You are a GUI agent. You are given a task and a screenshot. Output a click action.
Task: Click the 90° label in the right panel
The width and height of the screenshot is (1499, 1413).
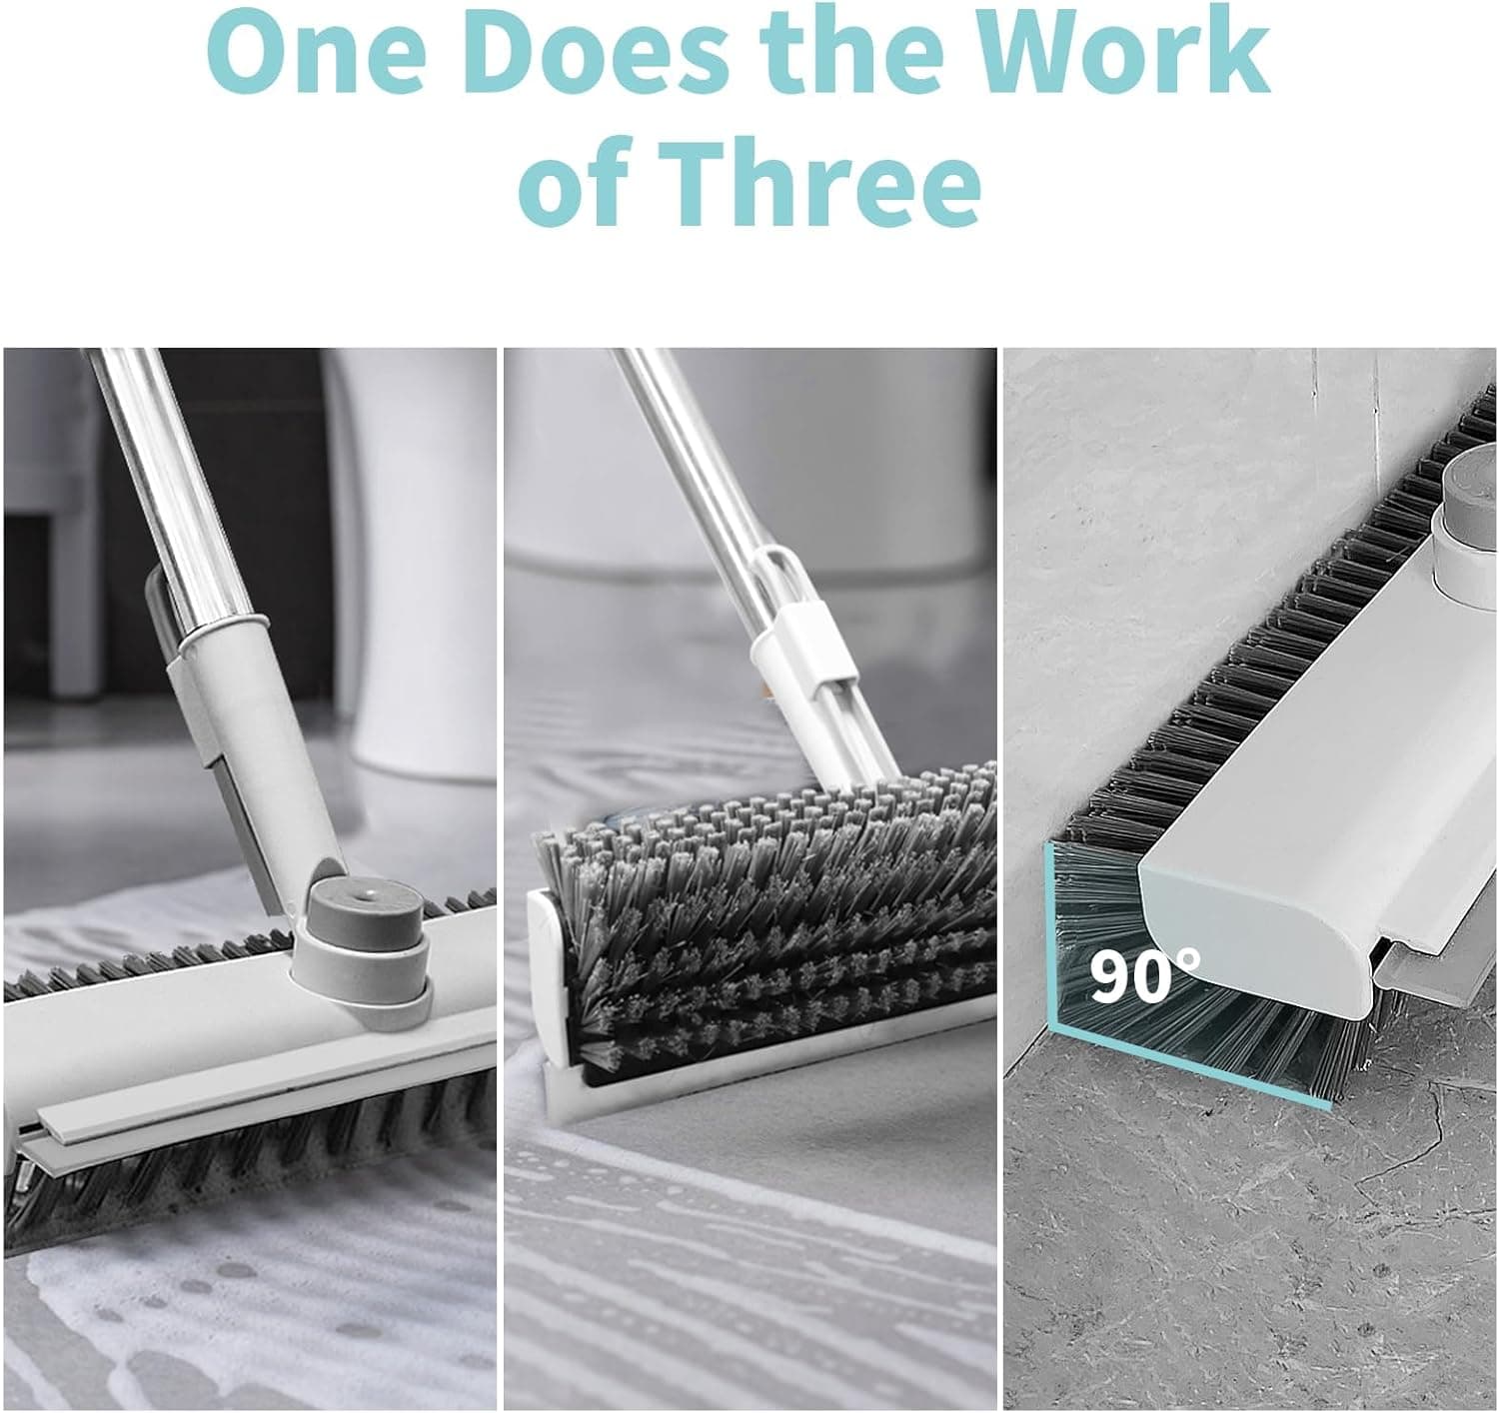[x=1144, y=978]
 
